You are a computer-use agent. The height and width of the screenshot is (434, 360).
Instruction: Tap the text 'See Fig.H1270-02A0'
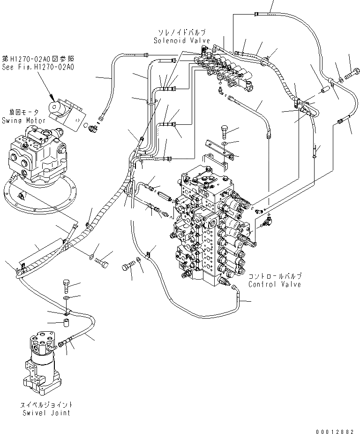(x=37, y=68)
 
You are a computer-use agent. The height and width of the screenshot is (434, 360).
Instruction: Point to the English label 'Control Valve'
(x=275, y=284)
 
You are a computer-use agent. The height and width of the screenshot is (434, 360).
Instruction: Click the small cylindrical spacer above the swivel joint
(x=67, y=323)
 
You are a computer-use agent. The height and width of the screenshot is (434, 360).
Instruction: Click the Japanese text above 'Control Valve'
(x=275, y=277)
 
